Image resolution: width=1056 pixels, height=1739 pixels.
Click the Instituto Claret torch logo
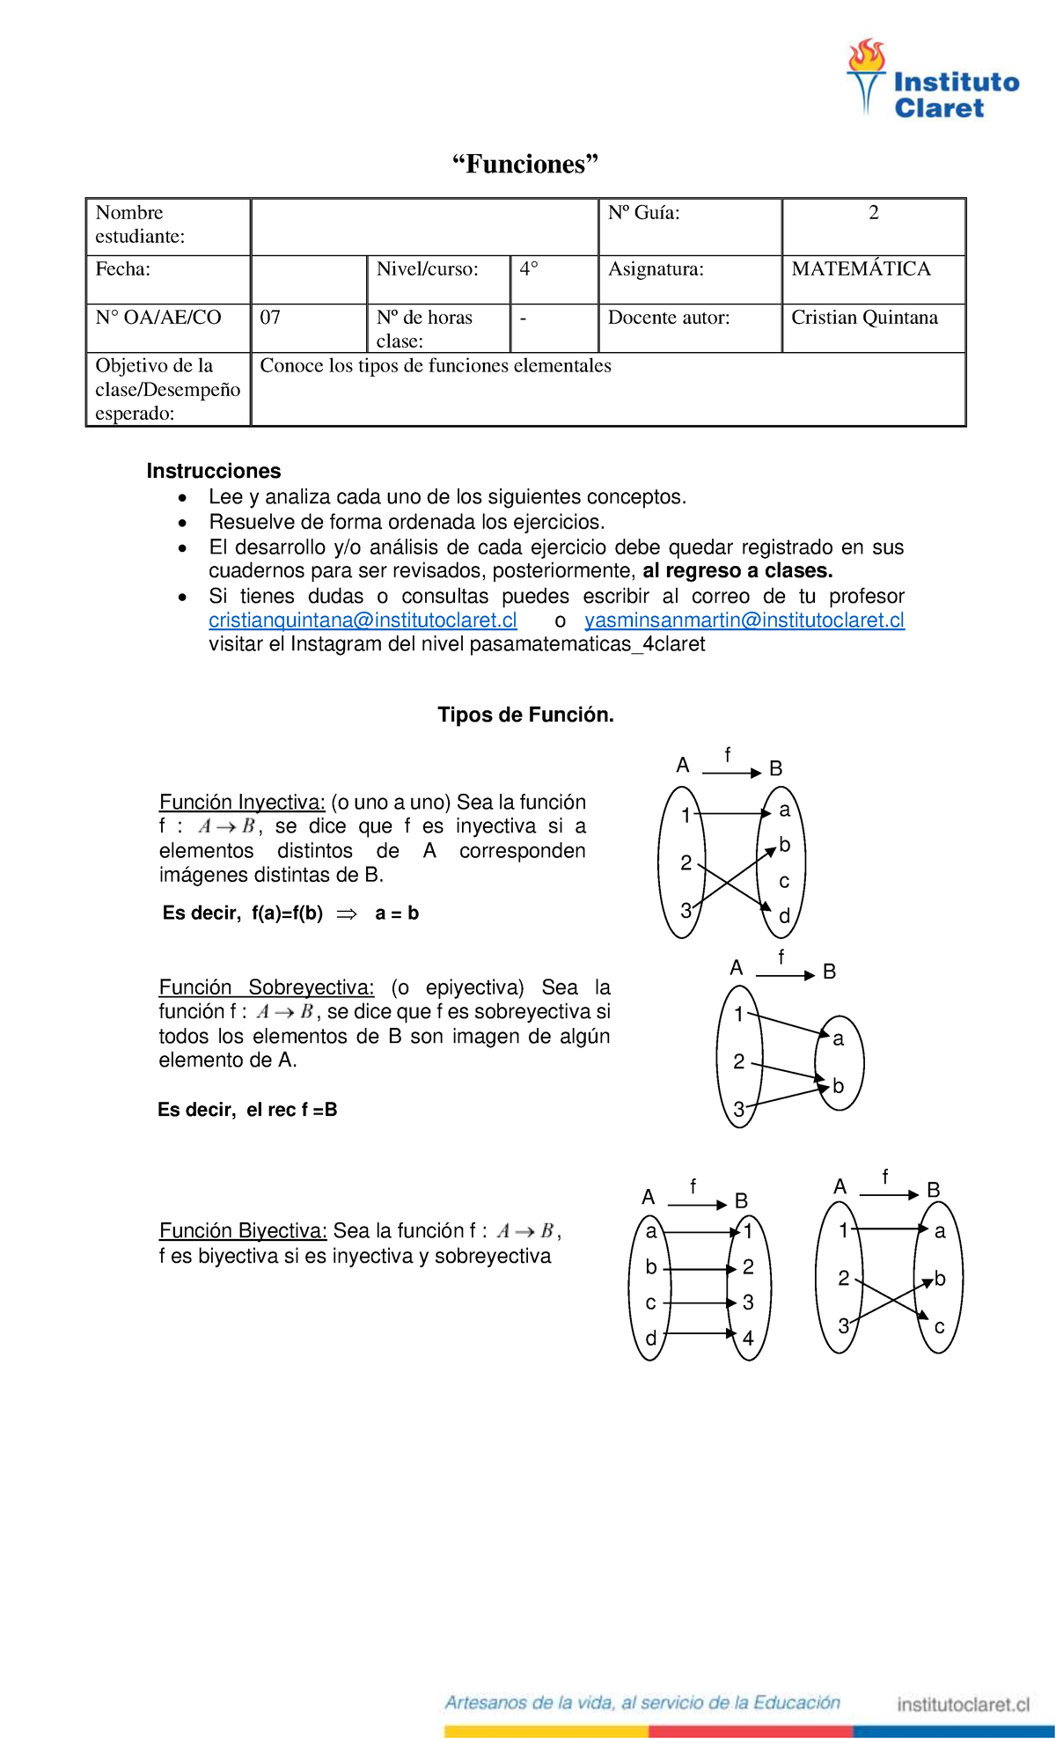pyautogui.click(x=867, y=77)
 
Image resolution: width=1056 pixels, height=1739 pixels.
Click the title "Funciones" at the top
pyautogui.click(x=525, y=165)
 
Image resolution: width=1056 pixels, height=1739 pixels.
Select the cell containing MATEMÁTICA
pyautogui.click(x=861, y=269)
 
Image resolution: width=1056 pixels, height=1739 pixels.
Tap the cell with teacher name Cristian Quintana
pyautogui.click(x=864, y=318)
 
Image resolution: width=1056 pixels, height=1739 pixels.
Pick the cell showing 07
pyautogui.click(x=270, y=318)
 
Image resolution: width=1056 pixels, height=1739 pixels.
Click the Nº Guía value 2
pyautogui.click(x=873, y=213)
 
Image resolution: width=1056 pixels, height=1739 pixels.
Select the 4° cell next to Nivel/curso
pyautogui.click(x=529, y=269)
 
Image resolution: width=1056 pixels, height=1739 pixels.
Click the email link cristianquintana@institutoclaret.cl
pyautogui.click(x=363, y=620)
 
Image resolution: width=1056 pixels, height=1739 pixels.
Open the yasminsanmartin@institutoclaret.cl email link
pyautogui.click(x=744, y=620)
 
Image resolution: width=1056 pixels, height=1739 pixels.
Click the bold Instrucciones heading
pyautogui.click(x=214, y=471)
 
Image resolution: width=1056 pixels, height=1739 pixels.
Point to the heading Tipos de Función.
pyautogui.click(x=525, y=715)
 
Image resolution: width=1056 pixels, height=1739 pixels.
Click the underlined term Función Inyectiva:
pyautogui.click(x=242, y=802)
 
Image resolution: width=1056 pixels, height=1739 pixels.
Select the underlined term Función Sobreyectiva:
pyautogui.click(x=266, y=987)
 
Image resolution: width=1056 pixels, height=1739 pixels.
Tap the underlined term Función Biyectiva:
pyautogui.click(x=243, y=1230)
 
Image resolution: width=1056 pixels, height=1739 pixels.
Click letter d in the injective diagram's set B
pyautogui.click(x=784, y=916)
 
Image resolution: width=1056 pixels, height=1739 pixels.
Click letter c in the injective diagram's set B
pyautogui.click(x=784, y=881)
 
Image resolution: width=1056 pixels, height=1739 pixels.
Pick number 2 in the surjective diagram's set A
pyautogui.click(x=739, y=1061)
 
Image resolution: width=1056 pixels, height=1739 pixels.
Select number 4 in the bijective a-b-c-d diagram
pyautogui.click(x=748, y=1339)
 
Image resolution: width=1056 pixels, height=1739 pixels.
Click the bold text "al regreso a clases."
pyautogui.click(x=737, y=570)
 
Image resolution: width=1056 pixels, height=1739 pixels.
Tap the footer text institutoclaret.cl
pyautogui.click(x=963, y=1705)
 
